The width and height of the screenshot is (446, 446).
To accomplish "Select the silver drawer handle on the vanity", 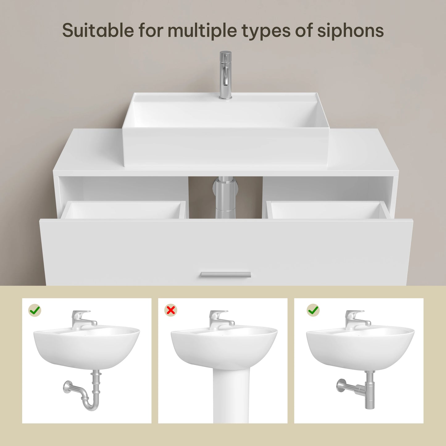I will (x=226, y=275).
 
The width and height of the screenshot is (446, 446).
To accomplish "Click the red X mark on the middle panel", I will (x=171, y=310).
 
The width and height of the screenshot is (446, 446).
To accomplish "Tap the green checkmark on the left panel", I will (x=35, y=310).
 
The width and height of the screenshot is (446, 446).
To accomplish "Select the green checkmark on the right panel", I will (x=313, y=310).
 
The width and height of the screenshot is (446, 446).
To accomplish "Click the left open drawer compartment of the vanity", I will (x=123, y=210).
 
